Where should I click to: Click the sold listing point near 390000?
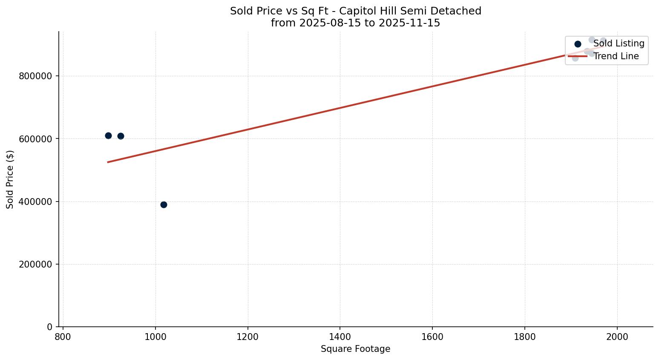pos(164,204)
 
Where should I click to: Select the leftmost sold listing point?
pos(108,135)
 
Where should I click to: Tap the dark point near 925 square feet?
pos(121,136)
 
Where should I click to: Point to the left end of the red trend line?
pos(108,162)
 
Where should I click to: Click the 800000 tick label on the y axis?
pos(35,76)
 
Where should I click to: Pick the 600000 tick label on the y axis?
pos(35,139)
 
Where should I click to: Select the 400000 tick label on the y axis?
pos(35,202)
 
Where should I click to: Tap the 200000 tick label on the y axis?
pos(35,264)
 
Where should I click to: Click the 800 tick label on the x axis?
pos(63,337)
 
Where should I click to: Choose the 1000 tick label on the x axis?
pos(155,337)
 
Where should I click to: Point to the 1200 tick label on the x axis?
pos(248,337)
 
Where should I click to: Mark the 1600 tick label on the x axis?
pos(432,337)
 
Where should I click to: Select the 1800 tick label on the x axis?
pos(525,337)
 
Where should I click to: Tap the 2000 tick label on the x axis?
pos(617,337)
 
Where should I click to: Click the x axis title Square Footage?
pos(355,349)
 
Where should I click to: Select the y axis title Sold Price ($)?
pos(10,179)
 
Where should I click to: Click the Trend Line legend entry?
pos(616,56)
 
